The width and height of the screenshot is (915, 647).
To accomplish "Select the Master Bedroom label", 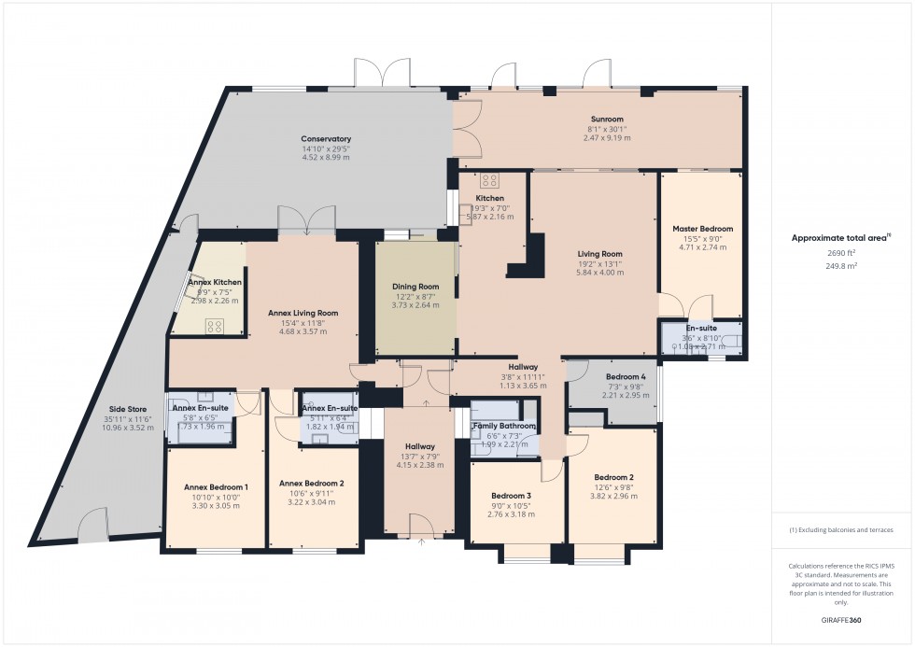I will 702,229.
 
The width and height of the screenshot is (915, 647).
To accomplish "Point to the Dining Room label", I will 415,287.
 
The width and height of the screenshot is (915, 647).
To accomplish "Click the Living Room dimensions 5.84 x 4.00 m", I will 598,273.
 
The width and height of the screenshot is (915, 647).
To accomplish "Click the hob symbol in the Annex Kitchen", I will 215,326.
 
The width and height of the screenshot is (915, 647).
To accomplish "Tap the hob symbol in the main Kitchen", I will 490,181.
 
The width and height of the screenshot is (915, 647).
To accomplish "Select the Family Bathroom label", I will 505,427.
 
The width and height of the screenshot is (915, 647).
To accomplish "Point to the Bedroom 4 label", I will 612,376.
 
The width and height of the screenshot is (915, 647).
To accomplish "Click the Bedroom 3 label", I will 511,495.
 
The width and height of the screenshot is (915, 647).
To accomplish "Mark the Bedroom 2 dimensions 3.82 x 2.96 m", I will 613,497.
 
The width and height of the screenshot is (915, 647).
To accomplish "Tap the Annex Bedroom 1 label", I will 216,486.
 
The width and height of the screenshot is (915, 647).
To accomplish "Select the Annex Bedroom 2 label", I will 312,483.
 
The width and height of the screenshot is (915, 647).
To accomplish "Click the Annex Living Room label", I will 303,313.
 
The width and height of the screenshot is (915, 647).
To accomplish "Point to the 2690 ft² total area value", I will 842,252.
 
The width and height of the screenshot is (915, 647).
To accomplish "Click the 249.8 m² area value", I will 842,265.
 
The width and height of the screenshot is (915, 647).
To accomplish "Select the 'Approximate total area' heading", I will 839,238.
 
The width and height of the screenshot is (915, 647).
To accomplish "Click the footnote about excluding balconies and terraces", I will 841,529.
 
